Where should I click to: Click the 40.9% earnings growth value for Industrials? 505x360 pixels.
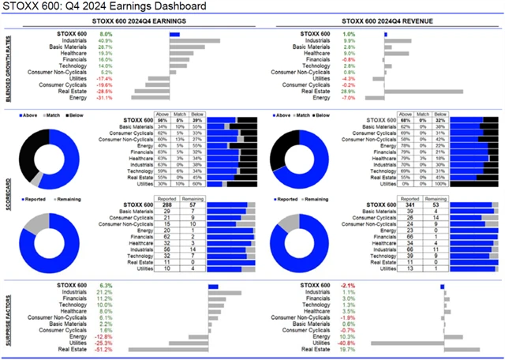click(105, 41)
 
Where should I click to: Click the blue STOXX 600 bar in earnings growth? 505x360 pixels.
click(174, 35)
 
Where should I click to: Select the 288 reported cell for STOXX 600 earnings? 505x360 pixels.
click(167, 205)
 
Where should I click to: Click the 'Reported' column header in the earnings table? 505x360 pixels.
click(167, 199)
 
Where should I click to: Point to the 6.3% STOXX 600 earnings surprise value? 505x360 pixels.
click(105, 286)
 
